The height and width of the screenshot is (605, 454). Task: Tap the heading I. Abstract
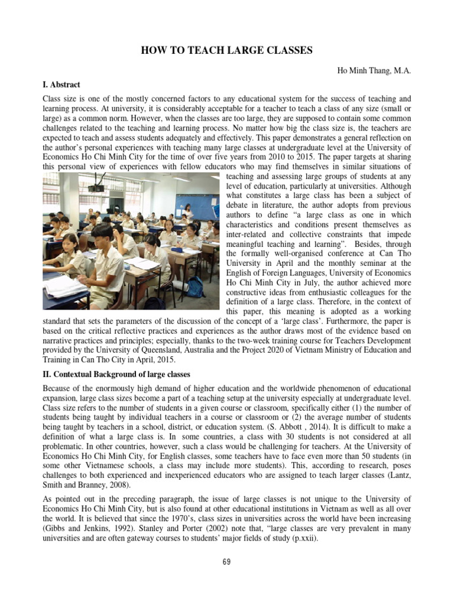62,84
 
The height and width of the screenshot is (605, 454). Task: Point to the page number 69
226,562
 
